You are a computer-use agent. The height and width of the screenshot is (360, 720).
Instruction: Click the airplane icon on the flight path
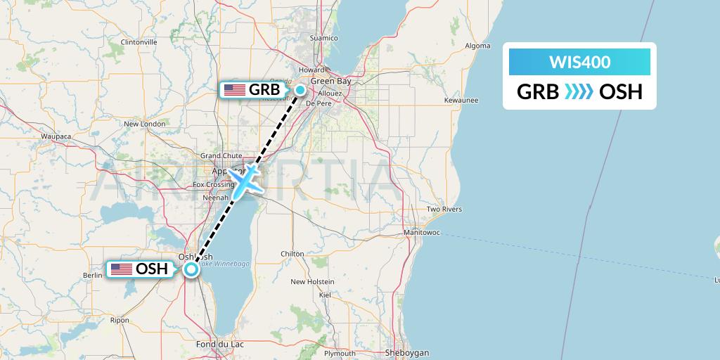pyautogui.click(x=244, y=180)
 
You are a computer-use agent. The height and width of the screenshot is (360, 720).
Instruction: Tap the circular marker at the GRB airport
pyautogui.click(x=300, y=89)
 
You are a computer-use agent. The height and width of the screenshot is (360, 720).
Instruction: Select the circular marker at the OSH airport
pyautogui.click(x=191, y=269)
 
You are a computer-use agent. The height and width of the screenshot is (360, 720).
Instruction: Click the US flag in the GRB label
pyautogui.click(x=234, y=90)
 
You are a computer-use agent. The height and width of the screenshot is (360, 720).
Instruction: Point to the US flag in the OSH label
pyautogui.click(x=122, y=269)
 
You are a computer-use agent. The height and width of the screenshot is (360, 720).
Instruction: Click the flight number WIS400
pyautogui.click(x=579, y=63)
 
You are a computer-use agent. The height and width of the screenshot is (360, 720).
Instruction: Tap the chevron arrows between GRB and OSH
pyautogui.click(x=579, y=91)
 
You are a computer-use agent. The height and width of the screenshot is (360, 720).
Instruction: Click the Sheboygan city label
pyautogui.click(x=407, y=353)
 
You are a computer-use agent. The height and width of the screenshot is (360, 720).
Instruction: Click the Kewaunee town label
pyautogui.click(x=461, y=100)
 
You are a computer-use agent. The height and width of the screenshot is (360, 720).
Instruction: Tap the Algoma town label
pyautogui.click(x=477, y=46)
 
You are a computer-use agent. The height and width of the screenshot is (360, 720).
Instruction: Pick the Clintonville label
pyautogui.click(x=139, y=42)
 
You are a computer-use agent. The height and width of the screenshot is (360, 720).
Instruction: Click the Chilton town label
pyautogui.click(x=292, y=254)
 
